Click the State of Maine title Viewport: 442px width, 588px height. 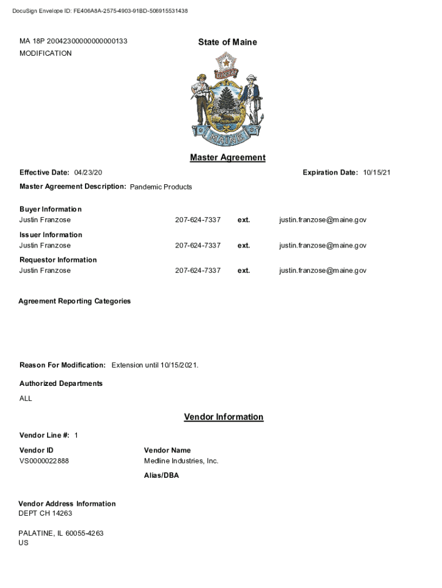tap(227, 42)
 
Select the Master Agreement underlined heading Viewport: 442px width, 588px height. tap(227, 157)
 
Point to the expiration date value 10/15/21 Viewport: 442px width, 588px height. tap(377, 173)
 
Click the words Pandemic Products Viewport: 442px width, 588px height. tap(161, 187)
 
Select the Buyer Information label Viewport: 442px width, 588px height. tap(51, 209)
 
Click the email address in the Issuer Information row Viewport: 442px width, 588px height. tap(323, 245)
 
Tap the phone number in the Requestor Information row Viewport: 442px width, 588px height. tap(197, 270)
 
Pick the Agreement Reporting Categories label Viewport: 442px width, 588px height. tap(75, 301)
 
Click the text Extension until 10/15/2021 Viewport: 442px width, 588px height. tap(155, 365)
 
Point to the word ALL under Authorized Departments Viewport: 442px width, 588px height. tap(26, 399)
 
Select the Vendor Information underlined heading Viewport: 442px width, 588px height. tap(223, 417)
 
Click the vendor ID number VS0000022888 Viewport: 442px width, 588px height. tap(44, 461)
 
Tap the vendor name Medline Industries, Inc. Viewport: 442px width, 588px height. tap(181, 461)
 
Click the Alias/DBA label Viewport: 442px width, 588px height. tap(161, 475)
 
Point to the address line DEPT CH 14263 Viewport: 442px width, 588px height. tap(45, 513)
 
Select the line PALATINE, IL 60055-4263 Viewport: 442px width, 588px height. tap(61, 533)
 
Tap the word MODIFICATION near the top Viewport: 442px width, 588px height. tap(45, 53)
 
